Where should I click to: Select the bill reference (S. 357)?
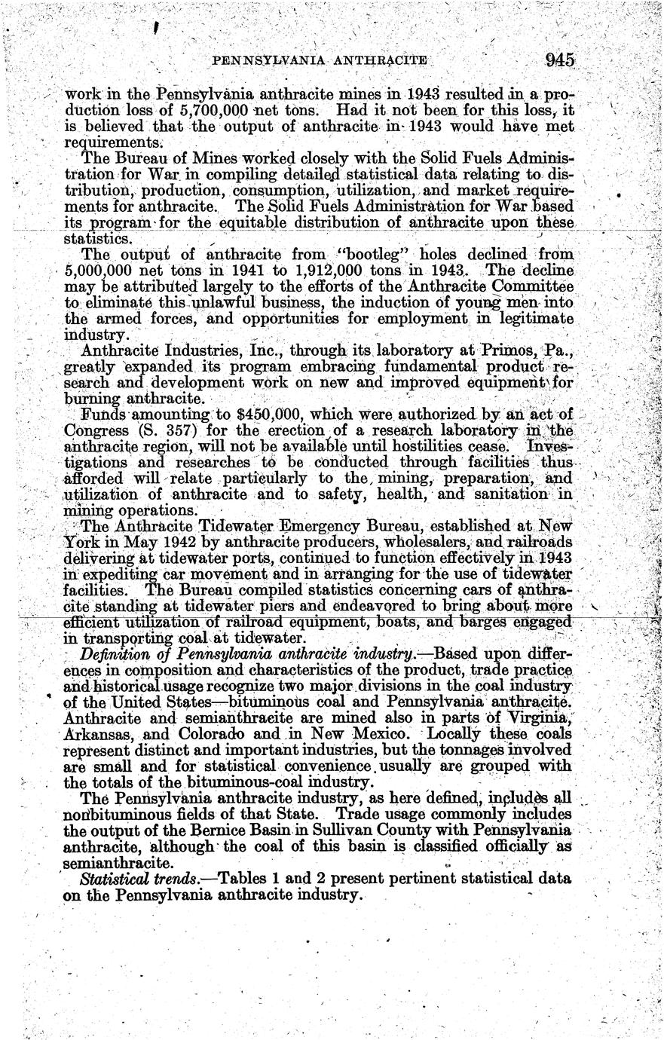[x=151, y=432]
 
